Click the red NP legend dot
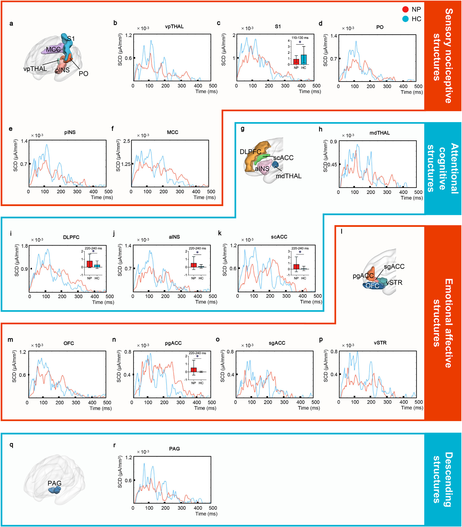coord(405,10)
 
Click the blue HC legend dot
coord(405,19)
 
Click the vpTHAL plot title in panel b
coord(174,26)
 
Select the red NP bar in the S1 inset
coord(296,61)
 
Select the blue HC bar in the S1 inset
coord(304,59)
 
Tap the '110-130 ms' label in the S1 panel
coord(300,38)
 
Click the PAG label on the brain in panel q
coord(55,483)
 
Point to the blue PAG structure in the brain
coord(55,490)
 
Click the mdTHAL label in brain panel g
coord(288,176)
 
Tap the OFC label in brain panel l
coord(372,286)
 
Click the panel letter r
coord(114,445)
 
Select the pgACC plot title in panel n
coord(173,343)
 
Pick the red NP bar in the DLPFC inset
coord(89,264)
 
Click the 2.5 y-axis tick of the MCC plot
coord(127,141)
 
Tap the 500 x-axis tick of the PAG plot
coord(213,508)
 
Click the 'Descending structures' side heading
coord(442,479)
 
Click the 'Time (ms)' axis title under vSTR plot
coord(412,408)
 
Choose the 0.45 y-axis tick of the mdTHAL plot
coord(332,164)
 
